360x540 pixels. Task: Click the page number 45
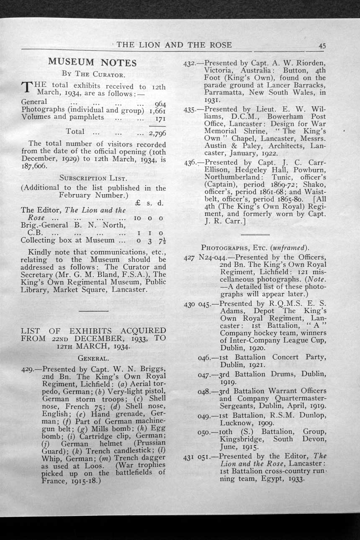click(x=322, y=46)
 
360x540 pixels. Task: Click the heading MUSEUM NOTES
click(x=92, y=63)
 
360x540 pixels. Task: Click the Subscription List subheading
click(x=93, y=177)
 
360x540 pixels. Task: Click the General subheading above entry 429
click(x=94, y=358)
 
